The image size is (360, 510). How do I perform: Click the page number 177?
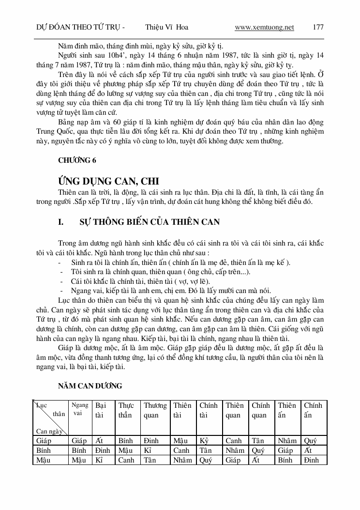[x=318, y=28]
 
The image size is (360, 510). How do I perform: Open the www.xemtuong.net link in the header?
[x=264, y=28]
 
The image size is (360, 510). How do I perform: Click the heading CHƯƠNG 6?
[x=76, y=161]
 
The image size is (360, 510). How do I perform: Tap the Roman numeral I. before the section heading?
[x=61, y=222]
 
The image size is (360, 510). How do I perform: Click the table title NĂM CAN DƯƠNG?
[x=90, y=386]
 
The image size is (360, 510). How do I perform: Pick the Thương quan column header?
[x=155, y=410]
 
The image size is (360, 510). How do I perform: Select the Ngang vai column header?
[x=79, y=409]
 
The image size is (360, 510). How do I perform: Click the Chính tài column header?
[x=209, y=410]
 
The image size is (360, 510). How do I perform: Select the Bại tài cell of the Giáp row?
[x=99, y=441]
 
